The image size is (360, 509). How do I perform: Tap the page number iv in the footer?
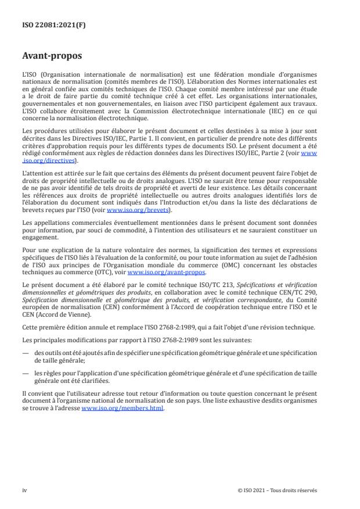tap(25, 490)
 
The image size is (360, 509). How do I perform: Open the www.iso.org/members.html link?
tap(123, 407)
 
